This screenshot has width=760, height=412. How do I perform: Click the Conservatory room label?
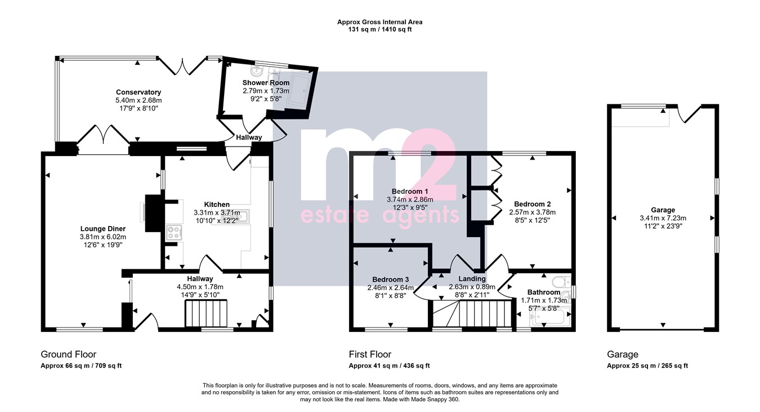coord(138,92)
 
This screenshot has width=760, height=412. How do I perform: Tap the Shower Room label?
coord(266,82)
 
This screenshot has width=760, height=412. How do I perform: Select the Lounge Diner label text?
coord(103,229)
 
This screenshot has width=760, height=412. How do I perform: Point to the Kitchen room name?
coord(217,205)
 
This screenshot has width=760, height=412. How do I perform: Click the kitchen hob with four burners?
coord(174,233)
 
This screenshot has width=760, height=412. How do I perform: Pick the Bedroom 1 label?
coord(410,191)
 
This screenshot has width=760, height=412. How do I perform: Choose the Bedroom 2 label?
coord(533,204)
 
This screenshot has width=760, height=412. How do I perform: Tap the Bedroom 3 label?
coord(391,280)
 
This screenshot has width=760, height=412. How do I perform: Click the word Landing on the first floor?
coord(472,279)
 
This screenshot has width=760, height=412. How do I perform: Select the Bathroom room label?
coord(543,293)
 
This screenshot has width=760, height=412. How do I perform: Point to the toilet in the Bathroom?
coord(561,282)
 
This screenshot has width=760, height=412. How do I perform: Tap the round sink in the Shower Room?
coord(256,72)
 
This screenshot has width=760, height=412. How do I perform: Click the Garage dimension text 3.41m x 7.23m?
coord(663,218)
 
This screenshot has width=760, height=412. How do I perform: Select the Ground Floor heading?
coord(69,355)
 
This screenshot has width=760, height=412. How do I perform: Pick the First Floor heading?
coord(370,355)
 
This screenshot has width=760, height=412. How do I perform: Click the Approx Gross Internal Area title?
coord(379,22)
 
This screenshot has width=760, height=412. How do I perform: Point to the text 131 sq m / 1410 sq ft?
coord(379,29)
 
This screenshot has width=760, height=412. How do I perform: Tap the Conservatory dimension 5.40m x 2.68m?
coord(138,100)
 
